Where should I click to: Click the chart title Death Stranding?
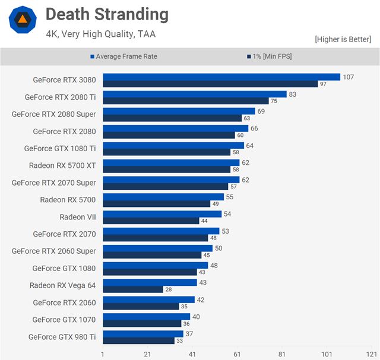click(x=107, y=15)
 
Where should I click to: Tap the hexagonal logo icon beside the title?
click(x=23, y=20)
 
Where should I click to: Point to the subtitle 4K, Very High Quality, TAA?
click(x=101, y=34)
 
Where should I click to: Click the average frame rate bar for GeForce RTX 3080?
click(x=221, y=77)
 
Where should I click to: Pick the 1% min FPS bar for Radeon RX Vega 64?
click(x=133, y=289)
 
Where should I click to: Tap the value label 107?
click(x=349, y=77)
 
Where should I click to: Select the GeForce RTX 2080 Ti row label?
click(x=60, y=97)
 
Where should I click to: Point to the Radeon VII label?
click(x=78, y=217)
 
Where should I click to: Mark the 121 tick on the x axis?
click(x=372, y=354)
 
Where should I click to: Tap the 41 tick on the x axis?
click(x=192, y=354)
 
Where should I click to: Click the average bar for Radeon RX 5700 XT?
click(x=171, y=163)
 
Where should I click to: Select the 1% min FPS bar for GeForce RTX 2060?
click(x=141, y=307)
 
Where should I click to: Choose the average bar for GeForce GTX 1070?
click(x=146, y=317)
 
